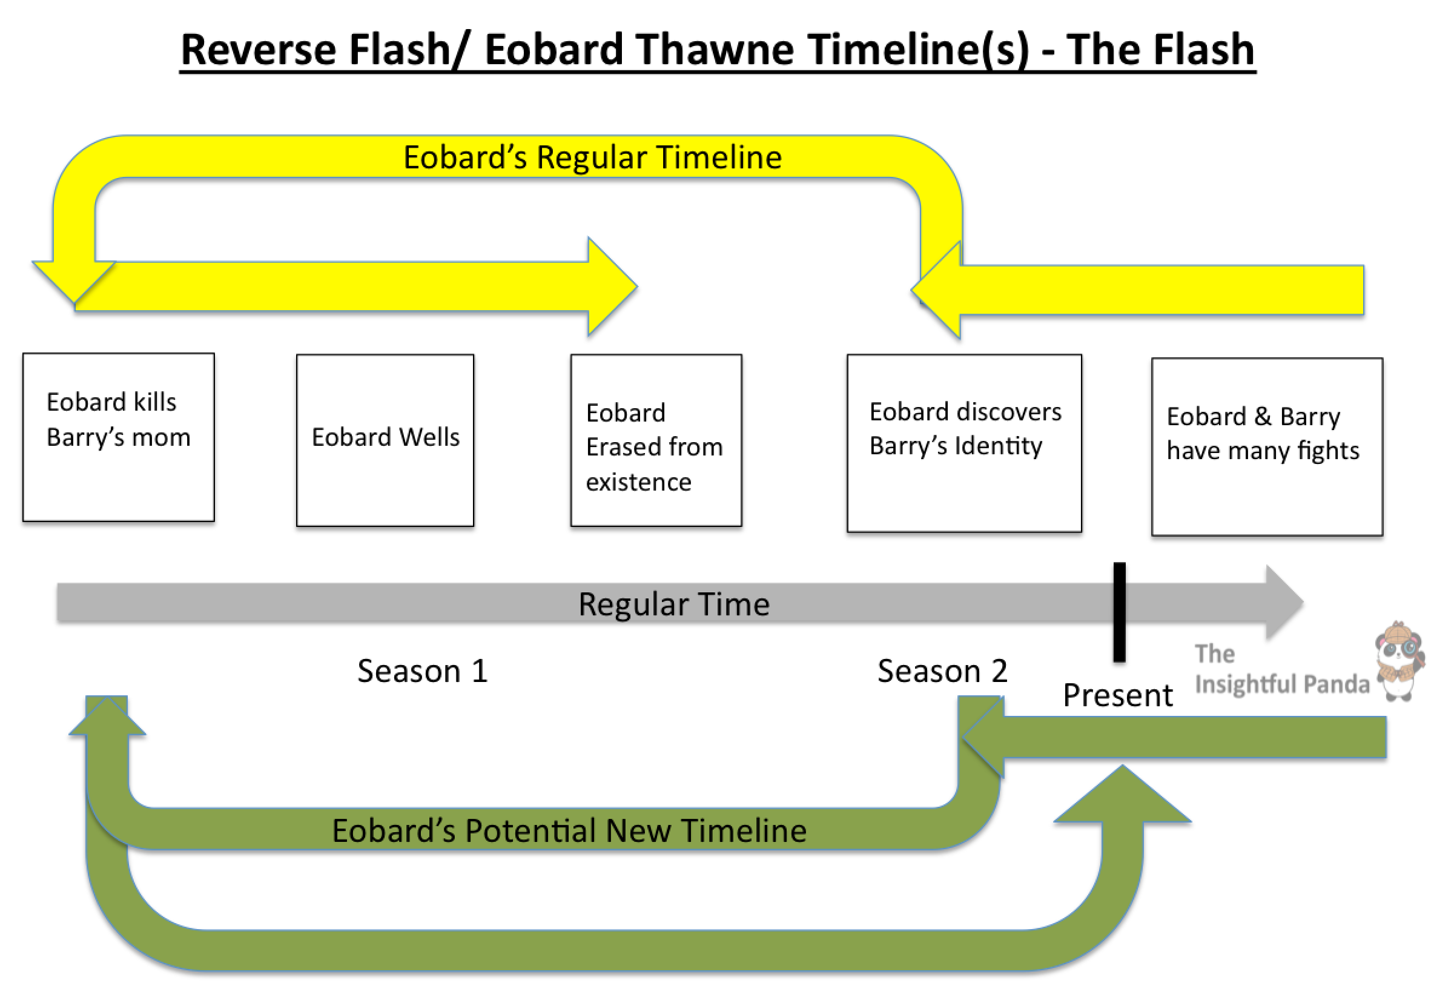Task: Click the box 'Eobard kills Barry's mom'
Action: click(x=118, y=437)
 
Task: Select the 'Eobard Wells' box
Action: click(x=385, y=440)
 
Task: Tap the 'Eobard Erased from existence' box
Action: click(x=656, y=440)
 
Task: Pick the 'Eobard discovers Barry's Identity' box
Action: click(x=963, y=443)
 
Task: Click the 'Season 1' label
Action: click(x=422, y=670)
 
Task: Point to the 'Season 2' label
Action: click(x=942, y=670)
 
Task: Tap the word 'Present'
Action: click(x=1117, y=695)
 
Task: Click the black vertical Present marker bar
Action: click(x=1119, y=612)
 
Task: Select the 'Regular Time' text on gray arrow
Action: click(x=673, y=604)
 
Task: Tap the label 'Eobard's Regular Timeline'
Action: click(x=592, y=157)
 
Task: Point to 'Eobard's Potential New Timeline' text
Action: click(x=569, y=830)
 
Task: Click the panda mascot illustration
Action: click(x=1400, y=662)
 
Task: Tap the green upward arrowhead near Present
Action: click(x=1122, y=796)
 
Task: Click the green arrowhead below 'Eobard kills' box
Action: click(x=107, y=717)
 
